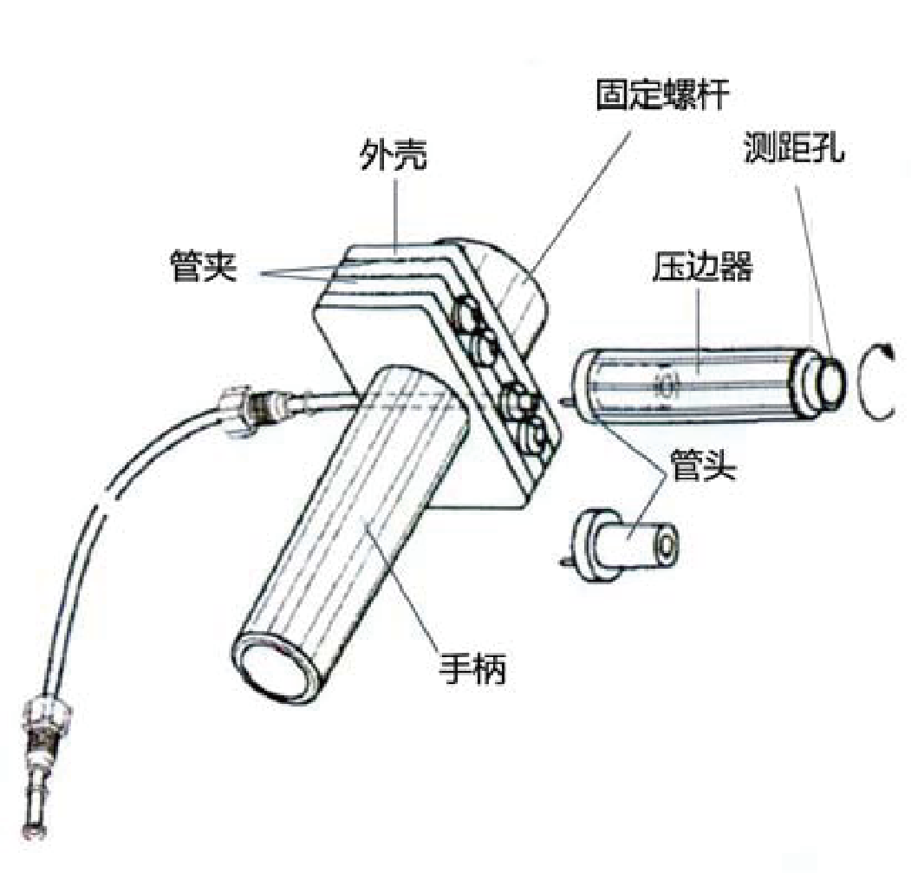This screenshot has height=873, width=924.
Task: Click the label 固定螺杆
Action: click(659, 96)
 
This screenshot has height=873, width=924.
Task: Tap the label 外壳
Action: click(393, 158)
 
